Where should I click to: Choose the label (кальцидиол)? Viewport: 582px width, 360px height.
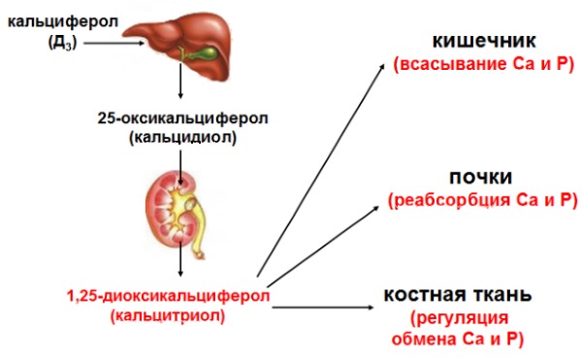[x=181, y=139]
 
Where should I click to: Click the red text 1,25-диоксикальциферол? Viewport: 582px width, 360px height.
[x=167, y=294]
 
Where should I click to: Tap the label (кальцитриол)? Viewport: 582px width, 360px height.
[x=167, y=314]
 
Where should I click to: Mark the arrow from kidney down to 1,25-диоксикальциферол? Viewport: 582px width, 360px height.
[x=181, y=263]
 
